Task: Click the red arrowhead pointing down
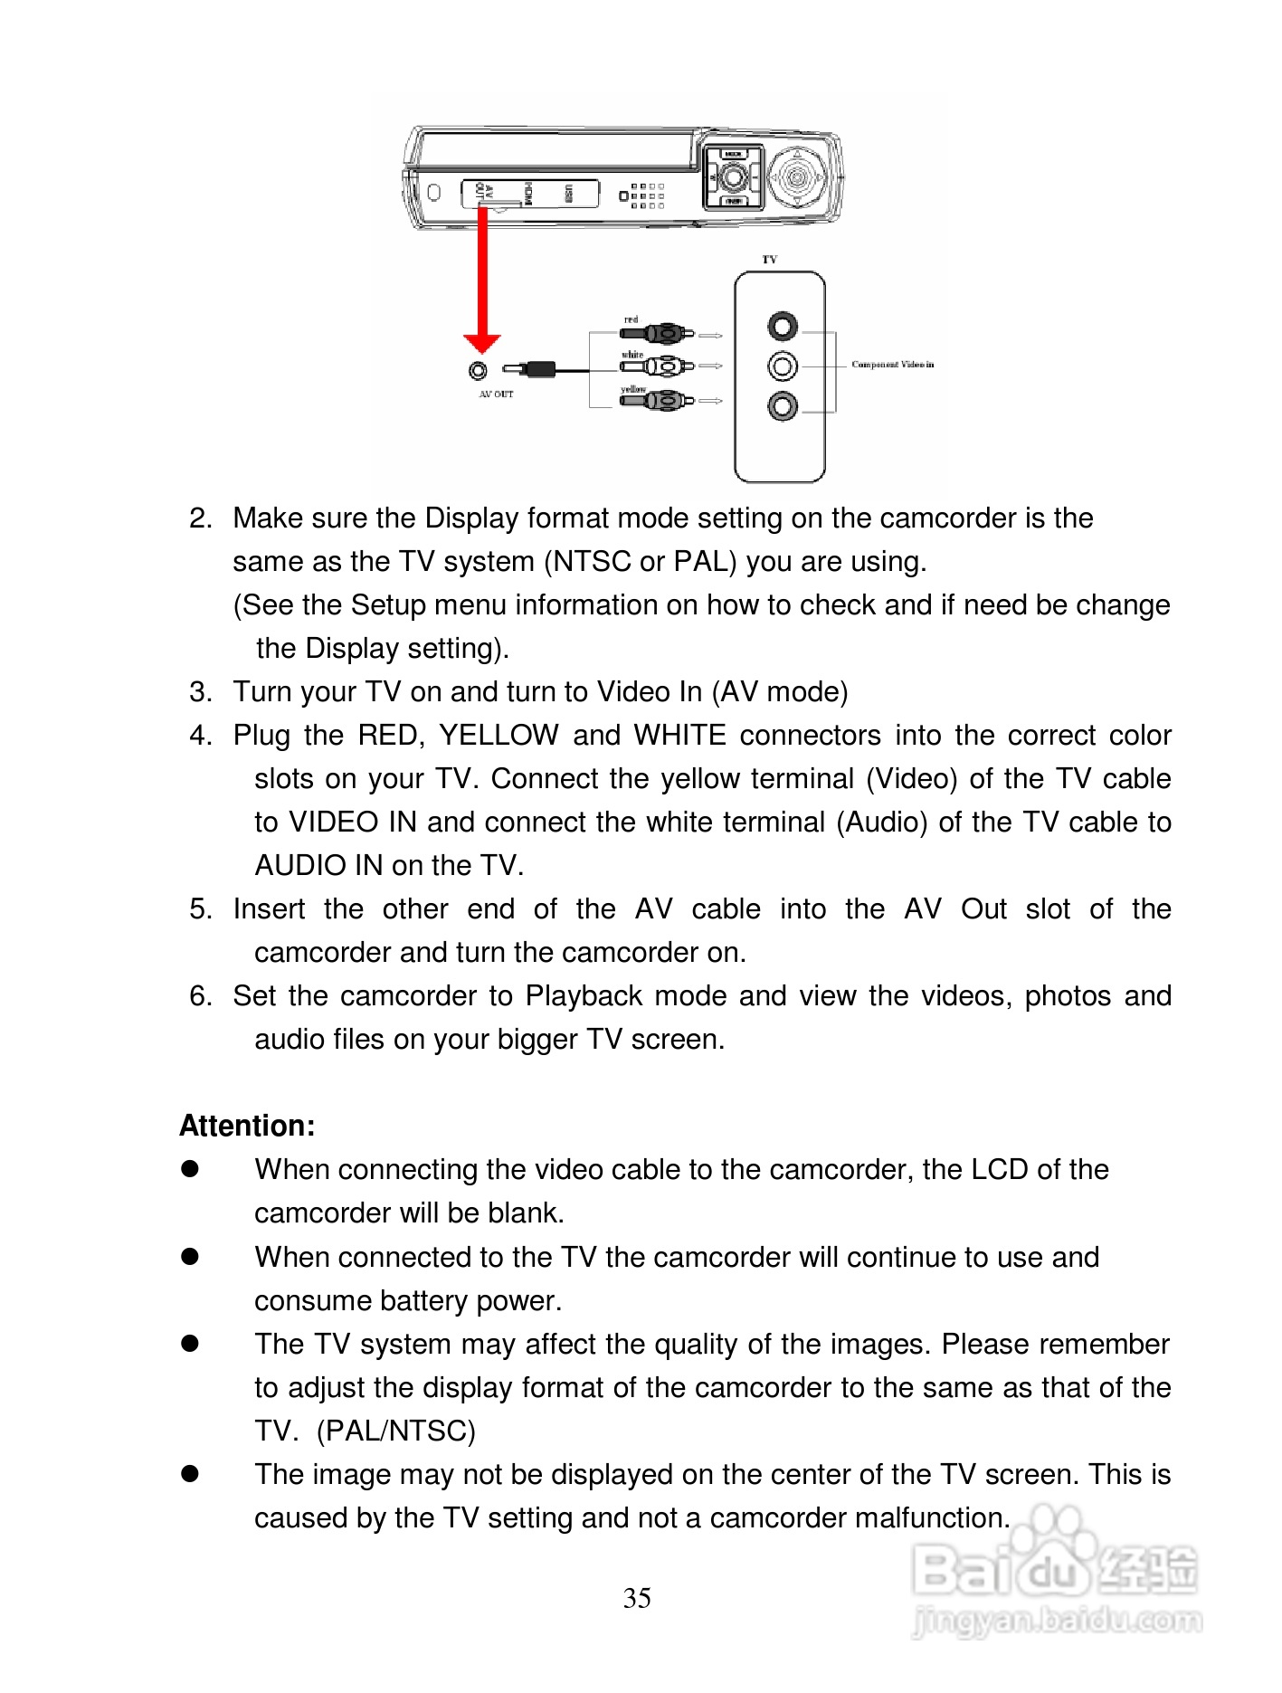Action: [482, 342]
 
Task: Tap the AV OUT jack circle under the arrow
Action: [478, 370]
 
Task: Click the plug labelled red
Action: [658, 333]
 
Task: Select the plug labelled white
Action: [658, 366]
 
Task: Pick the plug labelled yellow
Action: [658, 399]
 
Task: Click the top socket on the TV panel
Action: [783, 326]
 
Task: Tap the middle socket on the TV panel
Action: [783, 366]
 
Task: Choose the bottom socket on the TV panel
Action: [783, 406]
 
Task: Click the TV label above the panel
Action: [769, 260]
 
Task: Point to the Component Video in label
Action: [892, 365]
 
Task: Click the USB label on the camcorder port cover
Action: [568, 193]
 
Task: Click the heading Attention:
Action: [247, 1126]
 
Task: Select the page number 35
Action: [637, 1598]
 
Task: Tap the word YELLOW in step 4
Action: [499, 736]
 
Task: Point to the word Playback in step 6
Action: [584, 996]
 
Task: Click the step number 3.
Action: [200, 692]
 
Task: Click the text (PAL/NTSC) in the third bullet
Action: [396, 1431]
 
